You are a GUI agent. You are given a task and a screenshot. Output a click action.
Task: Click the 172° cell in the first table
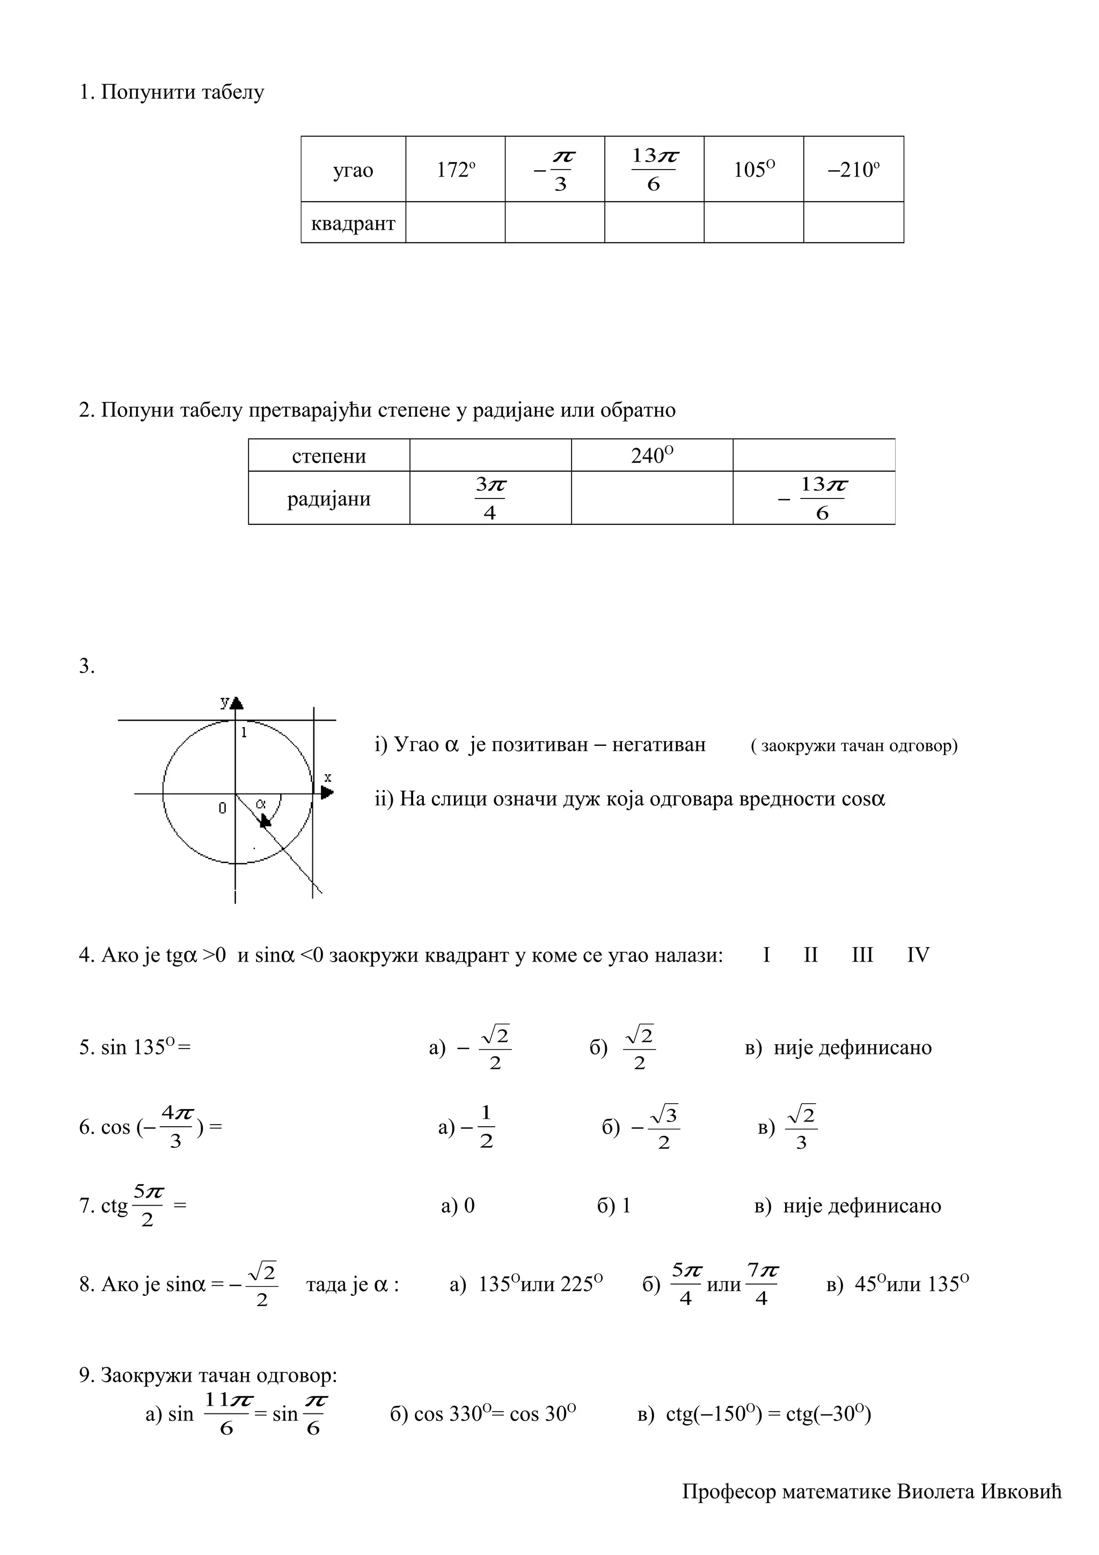(455, 170)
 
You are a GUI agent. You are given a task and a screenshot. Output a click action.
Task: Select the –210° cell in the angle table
(853, 170)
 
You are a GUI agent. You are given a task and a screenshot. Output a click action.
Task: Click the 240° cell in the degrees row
(651, 455)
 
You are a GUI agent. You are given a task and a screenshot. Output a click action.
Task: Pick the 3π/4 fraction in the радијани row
(490, 498)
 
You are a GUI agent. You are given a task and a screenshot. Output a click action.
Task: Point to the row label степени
(328, 456)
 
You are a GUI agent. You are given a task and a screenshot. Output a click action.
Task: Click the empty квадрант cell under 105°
(753, 222)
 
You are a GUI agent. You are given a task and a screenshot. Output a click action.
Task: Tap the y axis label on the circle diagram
(225, 702)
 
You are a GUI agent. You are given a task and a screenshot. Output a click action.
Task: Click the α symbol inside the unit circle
(261, 804)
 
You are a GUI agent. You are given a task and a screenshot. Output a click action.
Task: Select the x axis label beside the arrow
(328, 777)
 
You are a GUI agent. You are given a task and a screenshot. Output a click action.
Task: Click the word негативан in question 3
(658, 745)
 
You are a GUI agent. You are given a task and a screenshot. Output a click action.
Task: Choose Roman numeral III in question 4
(862, 956)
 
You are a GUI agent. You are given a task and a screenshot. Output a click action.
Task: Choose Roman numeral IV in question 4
(918, 956)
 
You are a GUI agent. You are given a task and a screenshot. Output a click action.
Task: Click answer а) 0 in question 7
(458, 1206)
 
